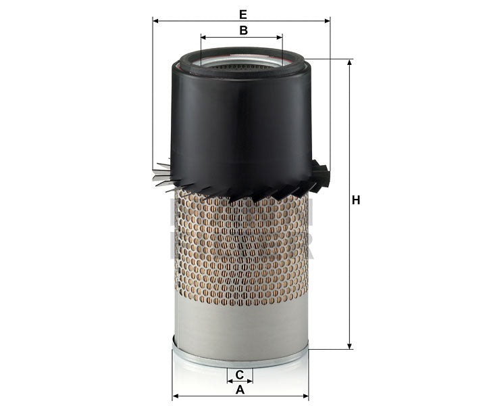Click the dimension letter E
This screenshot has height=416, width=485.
(242, 13)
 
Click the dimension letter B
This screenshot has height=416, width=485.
(242, 30)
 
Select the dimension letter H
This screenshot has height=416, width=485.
(356, 200)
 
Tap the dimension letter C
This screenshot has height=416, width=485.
(239, 375)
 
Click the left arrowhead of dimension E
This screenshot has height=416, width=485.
(156, 21)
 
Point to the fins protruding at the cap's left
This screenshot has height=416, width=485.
(162, 175)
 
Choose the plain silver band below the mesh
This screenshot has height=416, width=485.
(240, 325)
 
